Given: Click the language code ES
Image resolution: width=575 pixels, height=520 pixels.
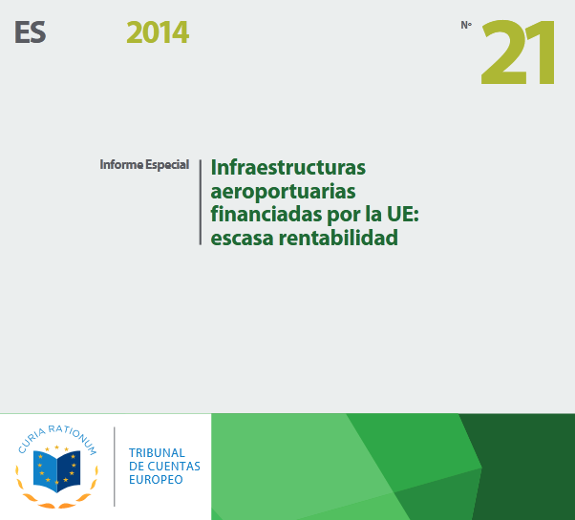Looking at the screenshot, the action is [x=31, y=32].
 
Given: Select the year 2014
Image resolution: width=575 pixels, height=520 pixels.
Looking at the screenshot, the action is [x=158, y=32].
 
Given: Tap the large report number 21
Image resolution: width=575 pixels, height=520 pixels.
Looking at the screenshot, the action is [x=518, y=52].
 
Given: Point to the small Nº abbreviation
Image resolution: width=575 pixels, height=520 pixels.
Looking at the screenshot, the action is [x=466, y=25].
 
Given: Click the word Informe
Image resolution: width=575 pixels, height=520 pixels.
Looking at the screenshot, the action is [x=121, y=164].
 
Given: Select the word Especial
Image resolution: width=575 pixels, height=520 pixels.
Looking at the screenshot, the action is [x=167, y=165].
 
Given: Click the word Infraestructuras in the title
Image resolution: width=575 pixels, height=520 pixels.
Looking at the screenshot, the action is [x=288, y=167].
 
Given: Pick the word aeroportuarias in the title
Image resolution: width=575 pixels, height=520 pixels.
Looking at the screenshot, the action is [x=283, y=192].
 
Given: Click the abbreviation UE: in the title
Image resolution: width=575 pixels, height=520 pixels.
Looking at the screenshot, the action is [x=403, y=215].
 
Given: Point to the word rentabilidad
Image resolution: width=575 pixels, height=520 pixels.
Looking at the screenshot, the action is [x=338, y=238].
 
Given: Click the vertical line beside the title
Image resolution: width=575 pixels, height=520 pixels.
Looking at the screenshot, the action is [x=201, y=202].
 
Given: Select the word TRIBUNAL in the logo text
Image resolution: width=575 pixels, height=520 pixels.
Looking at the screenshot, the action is [x=157, y=453].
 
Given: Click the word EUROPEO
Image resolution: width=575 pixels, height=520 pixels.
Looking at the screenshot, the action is [x=156, y=479].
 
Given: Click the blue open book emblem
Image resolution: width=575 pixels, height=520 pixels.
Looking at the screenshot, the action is [x=57, y=471].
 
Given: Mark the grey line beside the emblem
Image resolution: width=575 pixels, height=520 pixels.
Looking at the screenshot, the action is [x=115, y=467].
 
